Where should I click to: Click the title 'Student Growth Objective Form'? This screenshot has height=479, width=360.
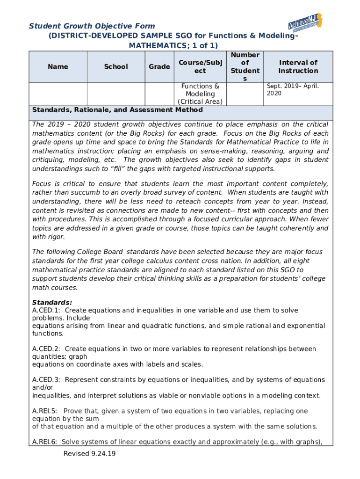tap(92, 26)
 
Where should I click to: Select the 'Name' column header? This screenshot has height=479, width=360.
tap(58, 67)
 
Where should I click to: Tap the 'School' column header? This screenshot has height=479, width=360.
tap(116, 67)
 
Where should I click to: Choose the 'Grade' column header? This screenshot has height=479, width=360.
tap(159, 67)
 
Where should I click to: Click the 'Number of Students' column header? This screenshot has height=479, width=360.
tap(245, 67)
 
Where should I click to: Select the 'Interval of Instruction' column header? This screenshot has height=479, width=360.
tap(298, 67)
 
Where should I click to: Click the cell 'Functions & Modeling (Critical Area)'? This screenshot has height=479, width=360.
tap(200, 94)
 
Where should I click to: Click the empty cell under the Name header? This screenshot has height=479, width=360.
tap(58, 94)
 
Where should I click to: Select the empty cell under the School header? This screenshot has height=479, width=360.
tap(116, 94)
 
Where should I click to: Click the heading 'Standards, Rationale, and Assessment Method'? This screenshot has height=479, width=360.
tap(117, 110)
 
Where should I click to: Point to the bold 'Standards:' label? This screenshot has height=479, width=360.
tap(52, 303)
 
